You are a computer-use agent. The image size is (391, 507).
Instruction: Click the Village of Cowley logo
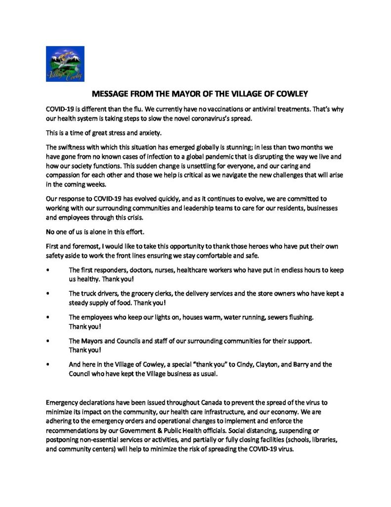(65, 64)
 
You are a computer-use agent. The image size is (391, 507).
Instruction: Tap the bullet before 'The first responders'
(47, 270)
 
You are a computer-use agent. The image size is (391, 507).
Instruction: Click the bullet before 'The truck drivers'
(47, 294)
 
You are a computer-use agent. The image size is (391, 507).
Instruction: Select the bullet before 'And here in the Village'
(47, 364)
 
